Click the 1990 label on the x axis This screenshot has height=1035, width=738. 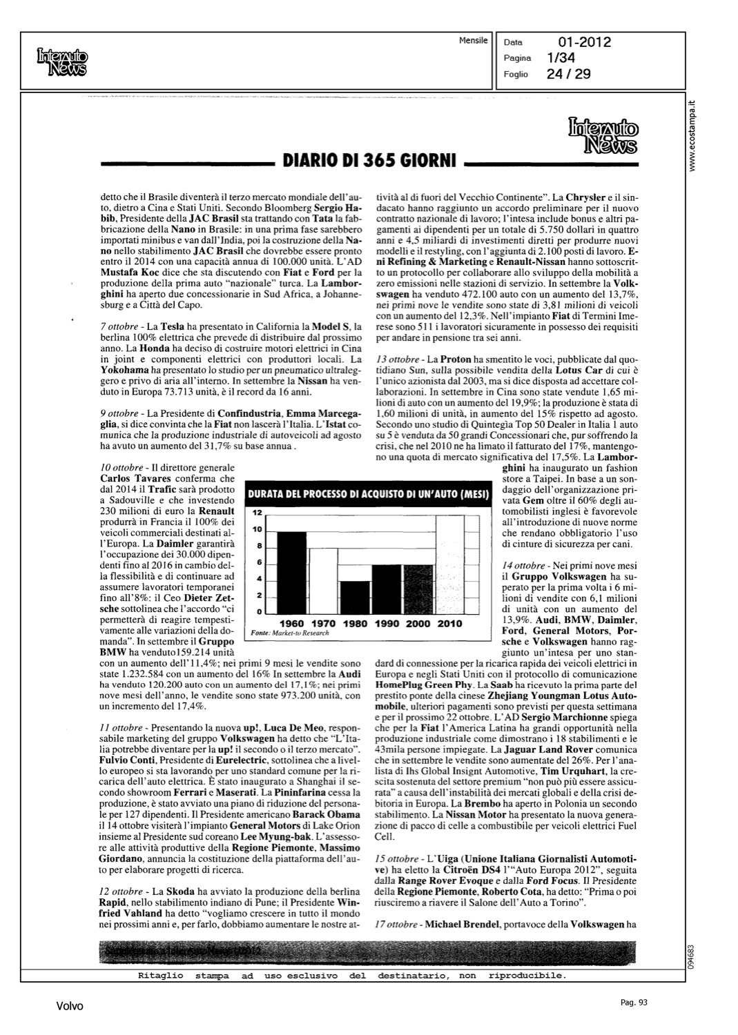pyautogui.click(x=387, y=624)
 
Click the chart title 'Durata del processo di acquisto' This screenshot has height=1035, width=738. pyautogui.click(x=368, y=494)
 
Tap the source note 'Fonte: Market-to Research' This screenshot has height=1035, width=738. pyautogui.click(x=290, y=633)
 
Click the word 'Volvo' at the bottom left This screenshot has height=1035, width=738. pyautogui.click(x=69, y=1007)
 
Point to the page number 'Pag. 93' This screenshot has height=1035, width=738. pyautogui.click(x=632, y=1003)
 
